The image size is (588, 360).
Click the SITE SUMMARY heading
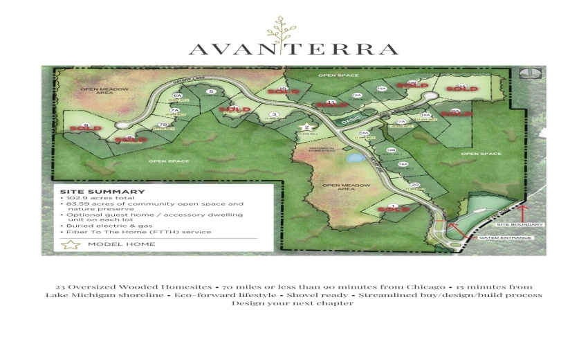pyautogui.click(x=102, y=192)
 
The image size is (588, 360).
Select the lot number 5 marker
pyautogui.click(x=211, y=92)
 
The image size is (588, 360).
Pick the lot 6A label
pyautogui.click(x=177, y=96)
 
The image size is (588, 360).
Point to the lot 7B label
pyautogui.click(x=163, y=125)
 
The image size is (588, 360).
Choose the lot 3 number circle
pyautogui.click(x=274, y=115)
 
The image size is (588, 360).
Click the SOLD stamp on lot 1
pyautogui.click(x=393, y=208)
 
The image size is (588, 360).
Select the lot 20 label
pyautogui.click(x=414, y=186)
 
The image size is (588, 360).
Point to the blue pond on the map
pyautogui.click(x=354, y=158)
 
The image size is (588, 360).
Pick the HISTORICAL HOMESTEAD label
pyautogui.click(x=322, y=150)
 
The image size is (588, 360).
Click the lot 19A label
pyautogui.click(x=403, y=164)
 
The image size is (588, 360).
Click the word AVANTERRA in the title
pyautogui.click(x=293, y=49)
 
